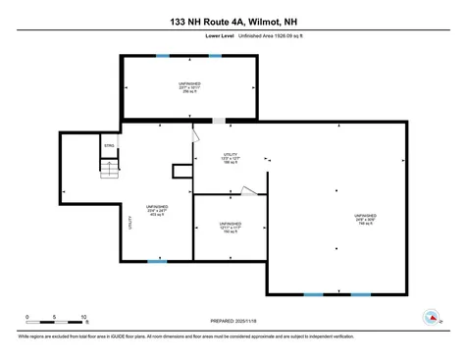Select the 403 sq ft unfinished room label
tap(157, 210)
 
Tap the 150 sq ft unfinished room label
tap(232, 228)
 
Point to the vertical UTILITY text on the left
tap(130, 223)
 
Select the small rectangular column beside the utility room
tap(182, 172)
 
